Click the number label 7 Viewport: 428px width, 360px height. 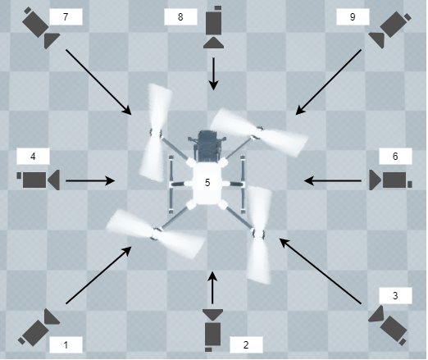(66, 16)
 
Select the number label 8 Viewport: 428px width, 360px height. (180, 16)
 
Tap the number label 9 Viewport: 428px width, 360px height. (353, 16)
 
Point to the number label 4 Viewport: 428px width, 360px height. (33, 156)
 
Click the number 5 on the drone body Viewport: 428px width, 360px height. (207, 182)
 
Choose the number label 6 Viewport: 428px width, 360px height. (394, 156)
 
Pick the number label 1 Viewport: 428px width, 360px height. (66, 345)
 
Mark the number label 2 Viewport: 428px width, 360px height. (246, 345)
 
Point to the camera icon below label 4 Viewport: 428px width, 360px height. (38, 180)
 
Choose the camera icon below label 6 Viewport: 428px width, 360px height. (389, 180)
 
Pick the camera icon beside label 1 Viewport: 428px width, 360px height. (39, 327)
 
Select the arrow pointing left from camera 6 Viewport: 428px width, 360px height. (332, 180)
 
